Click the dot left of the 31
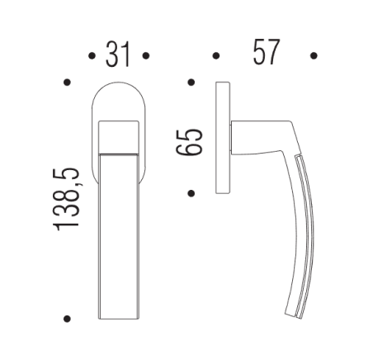90,56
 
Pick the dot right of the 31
146,56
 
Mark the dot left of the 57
216,56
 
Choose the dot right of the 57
314,56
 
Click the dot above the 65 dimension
191,82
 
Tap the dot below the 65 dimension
191,193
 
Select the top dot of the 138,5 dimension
67,82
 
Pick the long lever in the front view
118,239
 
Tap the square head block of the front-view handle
118,137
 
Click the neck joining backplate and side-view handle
243,137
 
